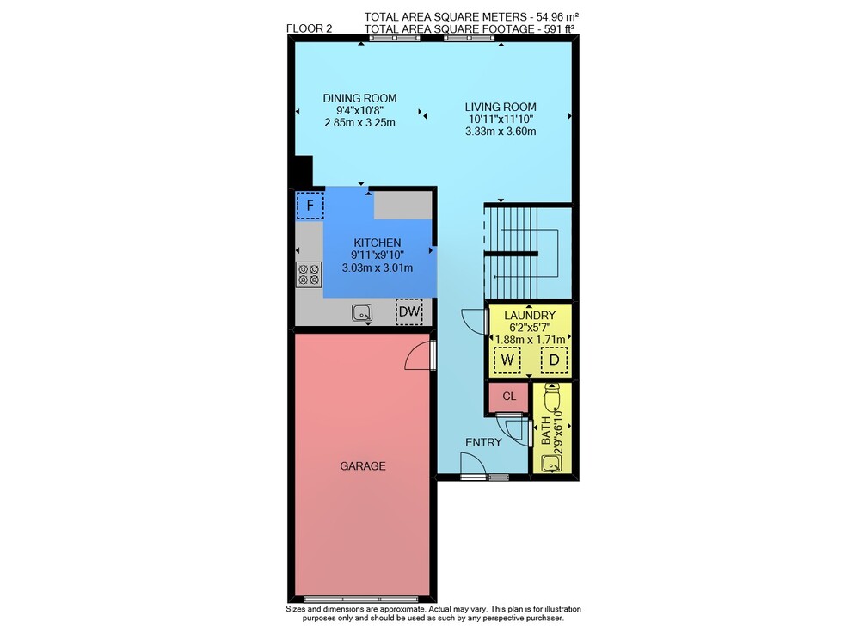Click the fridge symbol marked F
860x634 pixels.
point(310,206)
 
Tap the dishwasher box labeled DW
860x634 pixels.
point(409,311)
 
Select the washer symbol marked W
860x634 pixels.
point(507,360)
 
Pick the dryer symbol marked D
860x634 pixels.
point(555,360)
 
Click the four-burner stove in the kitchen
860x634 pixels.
point(310,274)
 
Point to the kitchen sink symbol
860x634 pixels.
point(362,312)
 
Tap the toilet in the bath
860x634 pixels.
point(550,397)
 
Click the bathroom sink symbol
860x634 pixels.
point(550,464)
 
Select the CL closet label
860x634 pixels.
point(509,396)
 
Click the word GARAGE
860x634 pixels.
point(363,465)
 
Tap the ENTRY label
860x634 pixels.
point(483,442)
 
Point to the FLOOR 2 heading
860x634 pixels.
point(310,28)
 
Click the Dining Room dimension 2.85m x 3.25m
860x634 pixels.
point(359,122)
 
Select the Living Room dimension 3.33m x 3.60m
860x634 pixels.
point(501,131)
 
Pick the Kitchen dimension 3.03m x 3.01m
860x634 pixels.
point(378,268)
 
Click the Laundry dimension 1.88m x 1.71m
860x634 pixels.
point(530,340)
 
